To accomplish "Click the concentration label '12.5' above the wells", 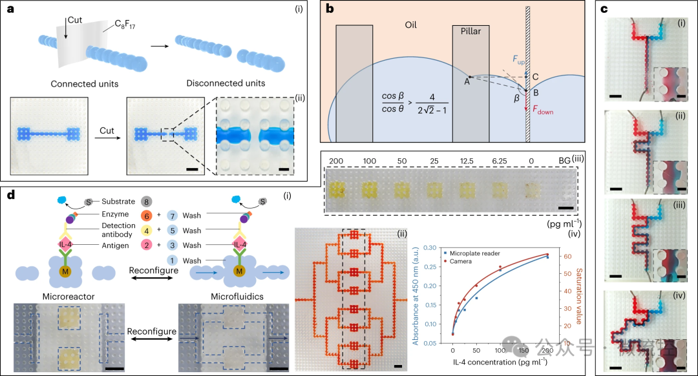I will point(467,159).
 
